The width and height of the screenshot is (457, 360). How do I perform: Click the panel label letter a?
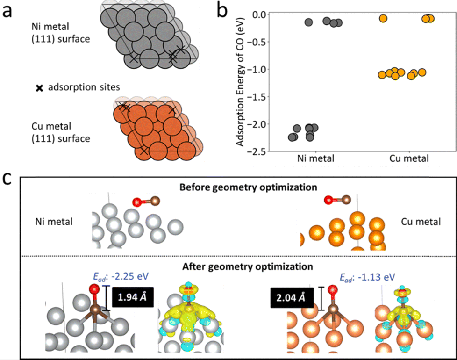tap(8, 10)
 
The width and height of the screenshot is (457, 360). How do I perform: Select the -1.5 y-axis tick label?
tap(261, 97)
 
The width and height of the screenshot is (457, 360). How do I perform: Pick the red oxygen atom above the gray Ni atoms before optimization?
tap(137, 202)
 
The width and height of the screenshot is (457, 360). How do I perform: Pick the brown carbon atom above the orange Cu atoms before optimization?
tap(347, 201)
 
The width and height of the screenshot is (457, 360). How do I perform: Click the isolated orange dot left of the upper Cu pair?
tap(383, 18)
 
